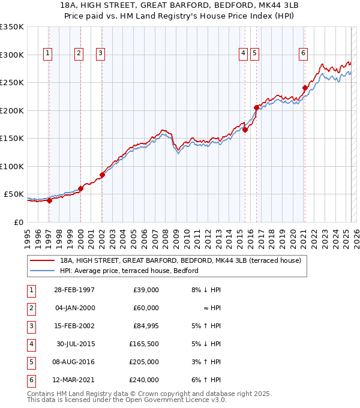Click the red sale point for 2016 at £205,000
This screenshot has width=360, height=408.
point(256,108)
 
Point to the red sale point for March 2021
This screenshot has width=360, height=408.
point(305,88)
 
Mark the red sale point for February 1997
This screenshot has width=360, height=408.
point(50,201)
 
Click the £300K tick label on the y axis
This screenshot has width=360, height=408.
point(12,55)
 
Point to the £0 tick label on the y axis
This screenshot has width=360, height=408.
point(18,223)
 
